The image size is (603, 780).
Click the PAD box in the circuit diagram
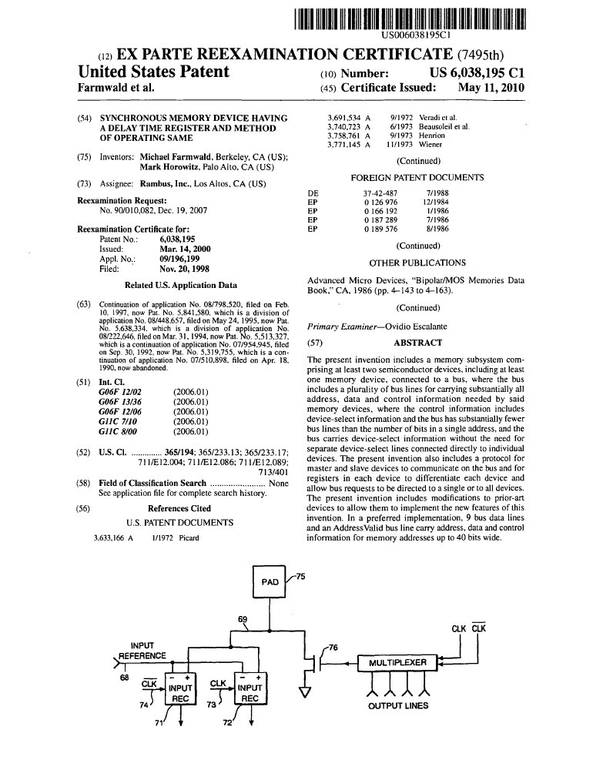click(270, 582)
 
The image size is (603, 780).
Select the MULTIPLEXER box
click(397, 662)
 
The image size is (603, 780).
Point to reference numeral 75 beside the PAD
click(300, 576)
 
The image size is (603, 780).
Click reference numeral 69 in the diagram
click(243, 620)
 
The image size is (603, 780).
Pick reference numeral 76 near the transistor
click(333, 648)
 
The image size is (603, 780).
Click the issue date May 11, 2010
click(491, 88)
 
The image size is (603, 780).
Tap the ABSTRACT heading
click(417, 343)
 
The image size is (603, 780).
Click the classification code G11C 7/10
click(113, 422)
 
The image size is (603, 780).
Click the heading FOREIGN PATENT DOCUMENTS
click(417, 177)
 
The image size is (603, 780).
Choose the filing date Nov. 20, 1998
click(184, 269)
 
